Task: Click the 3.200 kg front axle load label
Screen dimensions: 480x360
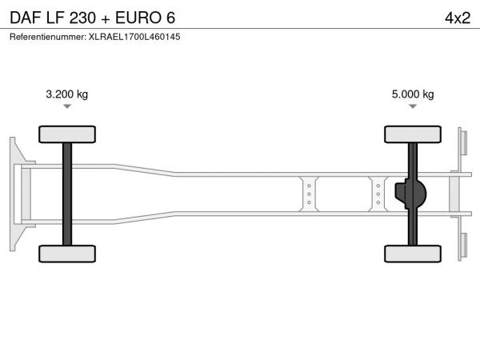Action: tap(66, 94)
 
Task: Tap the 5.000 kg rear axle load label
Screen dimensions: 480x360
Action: tap(413, 94)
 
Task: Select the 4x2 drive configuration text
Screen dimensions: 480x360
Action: tap(458, 18)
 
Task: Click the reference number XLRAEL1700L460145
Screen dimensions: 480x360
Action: tap(134, 37)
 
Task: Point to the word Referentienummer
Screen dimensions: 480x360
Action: tap(47, 37)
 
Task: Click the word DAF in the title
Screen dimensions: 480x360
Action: tap(26, 18)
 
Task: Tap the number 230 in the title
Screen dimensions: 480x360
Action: tap(82, 18)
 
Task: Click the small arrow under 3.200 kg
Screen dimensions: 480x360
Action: tap(67, 106)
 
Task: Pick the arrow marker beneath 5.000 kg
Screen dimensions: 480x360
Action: tap(413, 106)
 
